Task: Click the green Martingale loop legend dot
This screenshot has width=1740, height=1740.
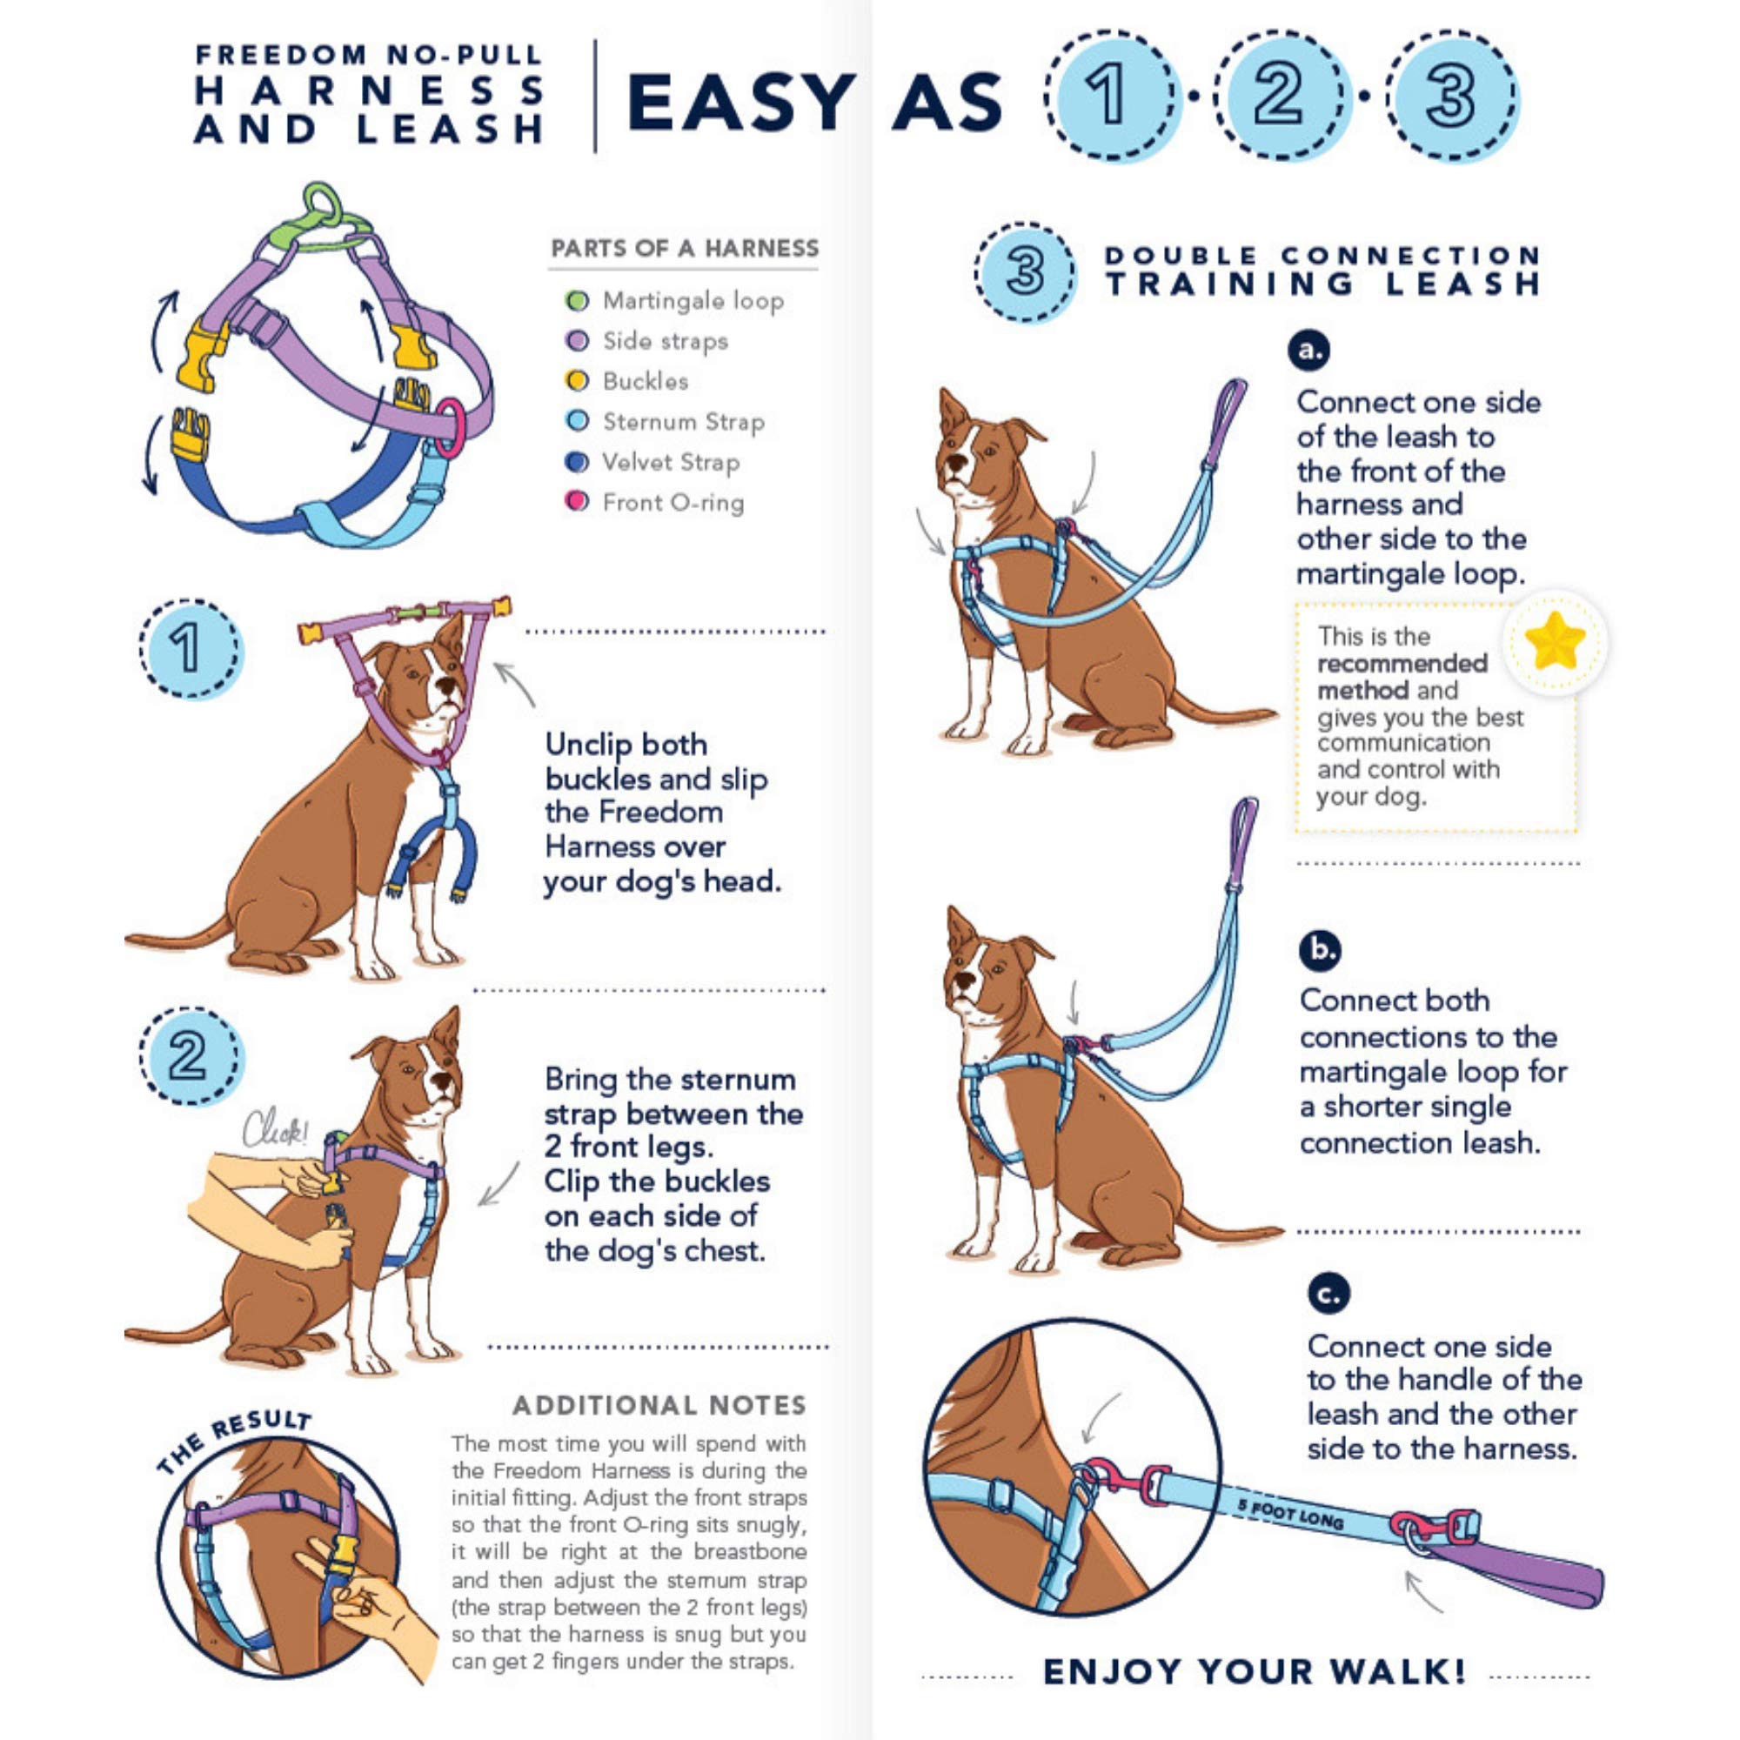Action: (x=577, y=300)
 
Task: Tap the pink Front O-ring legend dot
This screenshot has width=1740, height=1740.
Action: (x=577, y=501)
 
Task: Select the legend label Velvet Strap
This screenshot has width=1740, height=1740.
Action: (x=671, y=462)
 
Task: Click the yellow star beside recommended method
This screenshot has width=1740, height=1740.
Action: (x=1555, y=641)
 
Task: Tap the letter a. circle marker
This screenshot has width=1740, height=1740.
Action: (x=1308, y=351)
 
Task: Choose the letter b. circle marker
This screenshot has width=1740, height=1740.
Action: (x=1320, y=950)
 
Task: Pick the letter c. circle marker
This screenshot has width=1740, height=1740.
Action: (x=1328, y=1295)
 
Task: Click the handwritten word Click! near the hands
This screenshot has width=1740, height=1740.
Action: (x=275, y=1128)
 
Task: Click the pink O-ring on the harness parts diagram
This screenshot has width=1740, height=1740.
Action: (x=452, y=428)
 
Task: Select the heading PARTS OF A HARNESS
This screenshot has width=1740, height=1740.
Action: (x=685, y=249)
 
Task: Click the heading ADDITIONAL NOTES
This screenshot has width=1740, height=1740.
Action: (x=659, y=1406)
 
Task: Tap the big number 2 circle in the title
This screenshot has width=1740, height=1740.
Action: (x=1278, y=96)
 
